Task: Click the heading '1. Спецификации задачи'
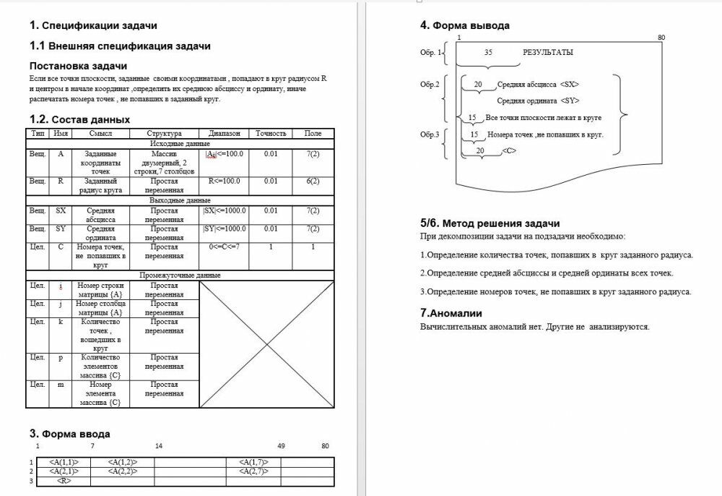[x=94, y=25]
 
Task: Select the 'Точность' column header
[x=271, y=134]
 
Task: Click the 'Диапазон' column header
[x=224, y=134]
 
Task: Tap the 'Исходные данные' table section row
[x=180, y=144]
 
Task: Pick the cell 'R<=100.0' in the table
[x=224, y=181]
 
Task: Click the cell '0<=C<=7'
[x=224, y=247]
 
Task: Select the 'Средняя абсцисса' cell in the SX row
[x=100, y=215]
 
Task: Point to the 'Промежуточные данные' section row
[x=180, y=275]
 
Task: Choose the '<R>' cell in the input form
[x=64, y=481]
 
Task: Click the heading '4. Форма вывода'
[x=465, y=25]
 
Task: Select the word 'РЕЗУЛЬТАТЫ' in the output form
[x=548, y=53]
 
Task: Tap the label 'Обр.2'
[x=430, y=85]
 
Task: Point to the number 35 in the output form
[x=489, y=53]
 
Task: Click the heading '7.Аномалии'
[x=451, y=313]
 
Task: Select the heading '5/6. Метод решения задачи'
[x=490, y=223]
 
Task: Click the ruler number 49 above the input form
[x=281, y=446]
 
